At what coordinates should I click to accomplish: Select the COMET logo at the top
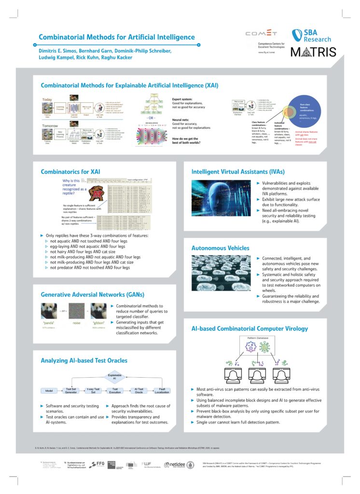261,34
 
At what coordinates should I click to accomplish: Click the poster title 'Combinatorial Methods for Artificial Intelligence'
117,37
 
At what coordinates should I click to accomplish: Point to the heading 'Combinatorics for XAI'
71,171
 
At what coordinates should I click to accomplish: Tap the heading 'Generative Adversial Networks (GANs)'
93,294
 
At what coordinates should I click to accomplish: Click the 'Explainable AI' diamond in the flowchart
114,377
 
